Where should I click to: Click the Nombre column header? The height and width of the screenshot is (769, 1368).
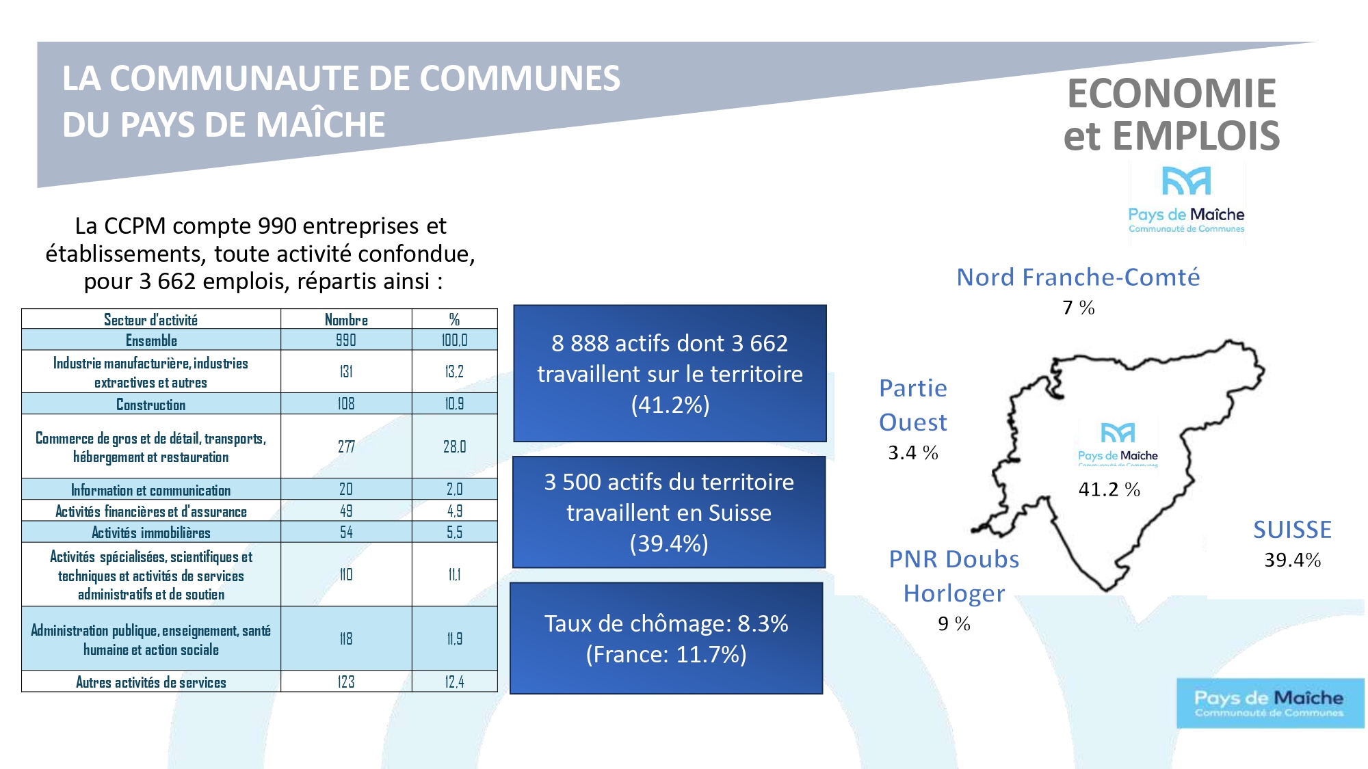346,319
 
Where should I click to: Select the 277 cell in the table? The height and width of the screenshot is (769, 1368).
346,446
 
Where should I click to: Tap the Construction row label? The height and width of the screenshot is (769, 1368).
150,404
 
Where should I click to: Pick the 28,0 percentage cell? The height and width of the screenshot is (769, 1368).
454,446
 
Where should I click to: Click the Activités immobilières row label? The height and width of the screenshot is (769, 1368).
150,532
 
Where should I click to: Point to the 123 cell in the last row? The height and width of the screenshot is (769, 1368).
346,682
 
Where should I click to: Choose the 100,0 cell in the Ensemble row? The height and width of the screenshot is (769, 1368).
454,340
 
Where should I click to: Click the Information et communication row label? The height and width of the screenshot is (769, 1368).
150,489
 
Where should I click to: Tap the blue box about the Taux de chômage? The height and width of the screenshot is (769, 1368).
666,638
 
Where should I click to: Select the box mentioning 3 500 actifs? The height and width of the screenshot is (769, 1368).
669,512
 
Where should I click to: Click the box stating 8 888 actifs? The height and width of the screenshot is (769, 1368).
670,373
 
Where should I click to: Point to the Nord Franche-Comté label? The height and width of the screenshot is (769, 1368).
1078,277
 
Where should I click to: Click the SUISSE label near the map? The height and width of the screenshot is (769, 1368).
1292,530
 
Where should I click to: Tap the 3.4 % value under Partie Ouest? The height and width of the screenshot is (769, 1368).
913,453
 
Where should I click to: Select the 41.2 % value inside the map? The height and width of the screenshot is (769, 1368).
1109,489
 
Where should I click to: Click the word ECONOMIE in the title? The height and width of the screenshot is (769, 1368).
1172,93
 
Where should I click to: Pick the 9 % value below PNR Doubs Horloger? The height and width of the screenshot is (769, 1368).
954,623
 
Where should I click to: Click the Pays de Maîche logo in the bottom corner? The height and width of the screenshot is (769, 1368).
1270,703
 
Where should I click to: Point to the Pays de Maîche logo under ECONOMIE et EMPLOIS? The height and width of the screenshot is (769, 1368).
1186,200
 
